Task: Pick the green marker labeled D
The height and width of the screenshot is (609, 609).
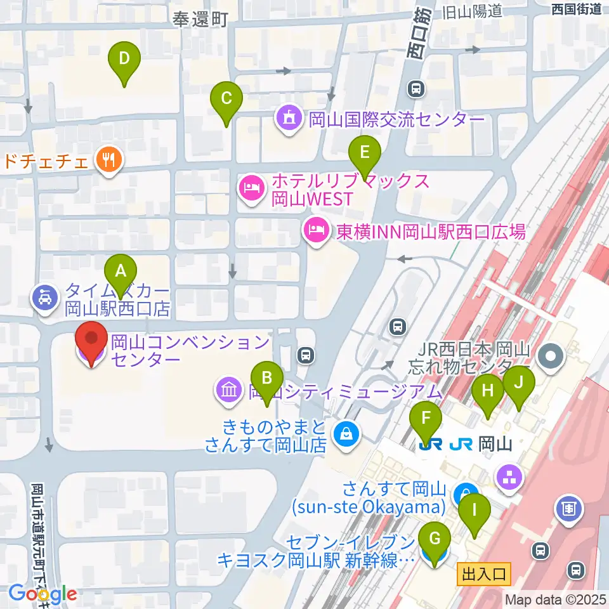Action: pyautogui.click(x=124, y=62)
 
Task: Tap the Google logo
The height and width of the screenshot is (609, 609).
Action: pyautogui.click(x=43, y=594)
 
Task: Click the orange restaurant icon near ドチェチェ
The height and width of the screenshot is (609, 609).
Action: pyautogui.click(x=108, y=160)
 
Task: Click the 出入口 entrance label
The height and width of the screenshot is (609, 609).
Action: pyautogui.click(x=484, y=575)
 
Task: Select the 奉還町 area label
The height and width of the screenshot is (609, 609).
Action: pyautogui.click(x=199, y=20)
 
